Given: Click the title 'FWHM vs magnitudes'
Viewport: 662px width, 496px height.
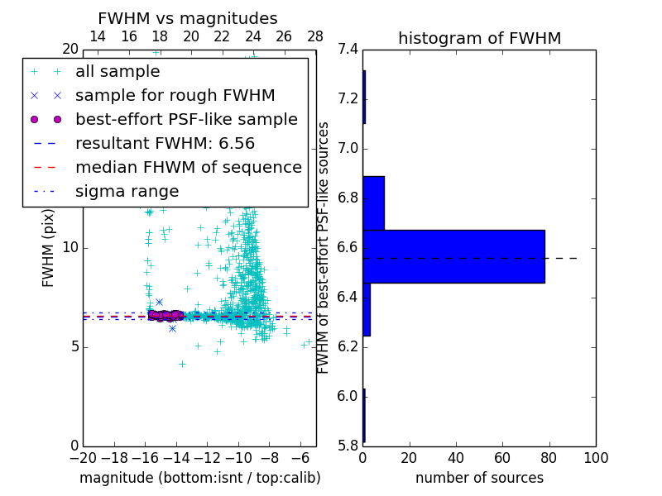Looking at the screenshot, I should (x=187, y=18).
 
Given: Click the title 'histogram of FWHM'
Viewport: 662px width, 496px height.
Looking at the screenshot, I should (x=479, y=38).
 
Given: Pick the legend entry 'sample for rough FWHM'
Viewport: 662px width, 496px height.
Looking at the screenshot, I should (x=175, y=96).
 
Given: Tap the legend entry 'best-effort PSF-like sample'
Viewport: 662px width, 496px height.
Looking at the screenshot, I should (x=186, y=120).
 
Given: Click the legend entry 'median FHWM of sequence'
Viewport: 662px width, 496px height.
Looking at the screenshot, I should (x=188, y=168).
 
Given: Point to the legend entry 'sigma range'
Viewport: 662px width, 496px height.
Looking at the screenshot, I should (x=127, y=192).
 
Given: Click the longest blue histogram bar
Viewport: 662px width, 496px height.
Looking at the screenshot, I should (x=453, y=256).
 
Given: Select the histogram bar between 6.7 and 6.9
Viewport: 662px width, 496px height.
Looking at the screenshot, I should (x=373, y=203).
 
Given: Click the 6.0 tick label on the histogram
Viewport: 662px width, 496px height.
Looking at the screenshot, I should (x=347, y=396).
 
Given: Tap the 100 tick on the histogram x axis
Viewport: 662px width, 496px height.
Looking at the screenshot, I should (x=596, y=457).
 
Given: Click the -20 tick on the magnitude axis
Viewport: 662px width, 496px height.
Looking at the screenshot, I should (x=82, y=457).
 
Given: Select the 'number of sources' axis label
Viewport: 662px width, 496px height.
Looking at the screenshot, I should (x=479, y=478).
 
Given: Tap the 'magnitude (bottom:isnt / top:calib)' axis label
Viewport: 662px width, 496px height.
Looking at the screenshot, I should (x=199, y=478).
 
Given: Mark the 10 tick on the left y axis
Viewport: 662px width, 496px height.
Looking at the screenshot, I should (x=70, y=248).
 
